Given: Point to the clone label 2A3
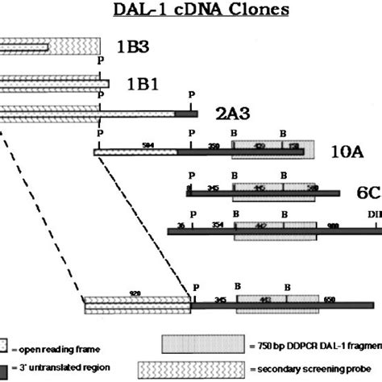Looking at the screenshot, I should [x=231, y=117].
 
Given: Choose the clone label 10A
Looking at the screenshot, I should [x=345, y=151].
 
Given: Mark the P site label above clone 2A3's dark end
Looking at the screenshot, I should [x=190, y=95].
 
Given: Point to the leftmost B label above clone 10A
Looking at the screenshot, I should [x=234, y=130].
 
